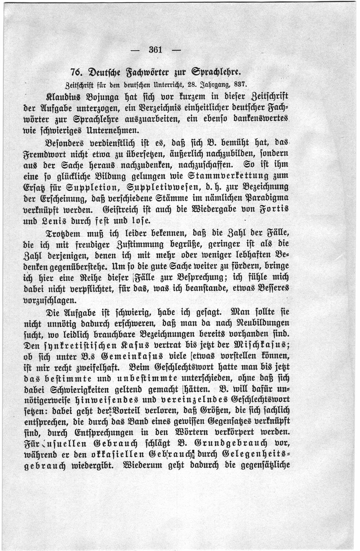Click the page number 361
coord(156,50)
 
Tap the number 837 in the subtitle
coord(240,85)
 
